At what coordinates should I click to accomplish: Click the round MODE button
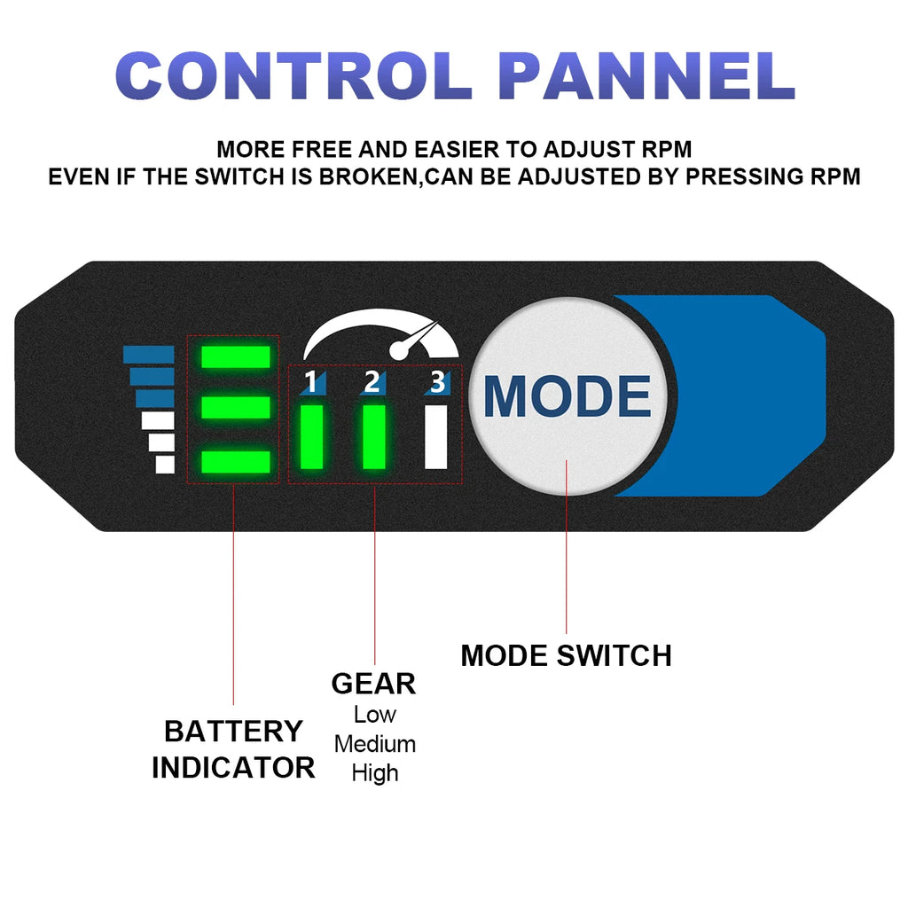click(567, 395)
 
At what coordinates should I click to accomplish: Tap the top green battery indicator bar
click(235, 356)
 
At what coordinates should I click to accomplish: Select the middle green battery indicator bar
click(235, 408)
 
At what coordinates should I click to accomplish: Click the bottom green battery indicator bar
click(235, 462)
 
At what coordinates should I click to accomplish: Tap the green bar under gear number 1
click(311, 436)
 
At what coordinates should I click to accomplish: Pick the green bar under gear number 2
click(373, 436)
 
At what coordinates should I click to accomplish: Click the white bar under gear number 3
click(435, 436)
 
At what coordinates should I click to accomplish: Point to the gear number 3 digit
click(436, 382)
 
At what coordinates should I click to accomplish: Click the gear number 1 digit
click(310, 382)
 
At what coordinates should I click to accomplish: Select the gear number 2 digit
click(372, 382)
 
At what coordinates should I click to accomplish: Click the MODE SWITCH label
click(566, 656)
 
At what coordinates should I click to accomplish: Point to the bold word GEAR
click(373, 684)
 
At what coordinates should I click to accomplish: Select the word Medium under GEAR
click(374, 743)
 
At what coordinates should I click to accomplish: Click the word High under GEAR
click(374, 772)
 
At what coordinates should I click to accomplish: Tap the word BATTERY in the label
click(233, 732)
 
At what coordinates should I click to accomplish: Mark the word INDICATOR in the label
click(233, 767)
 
